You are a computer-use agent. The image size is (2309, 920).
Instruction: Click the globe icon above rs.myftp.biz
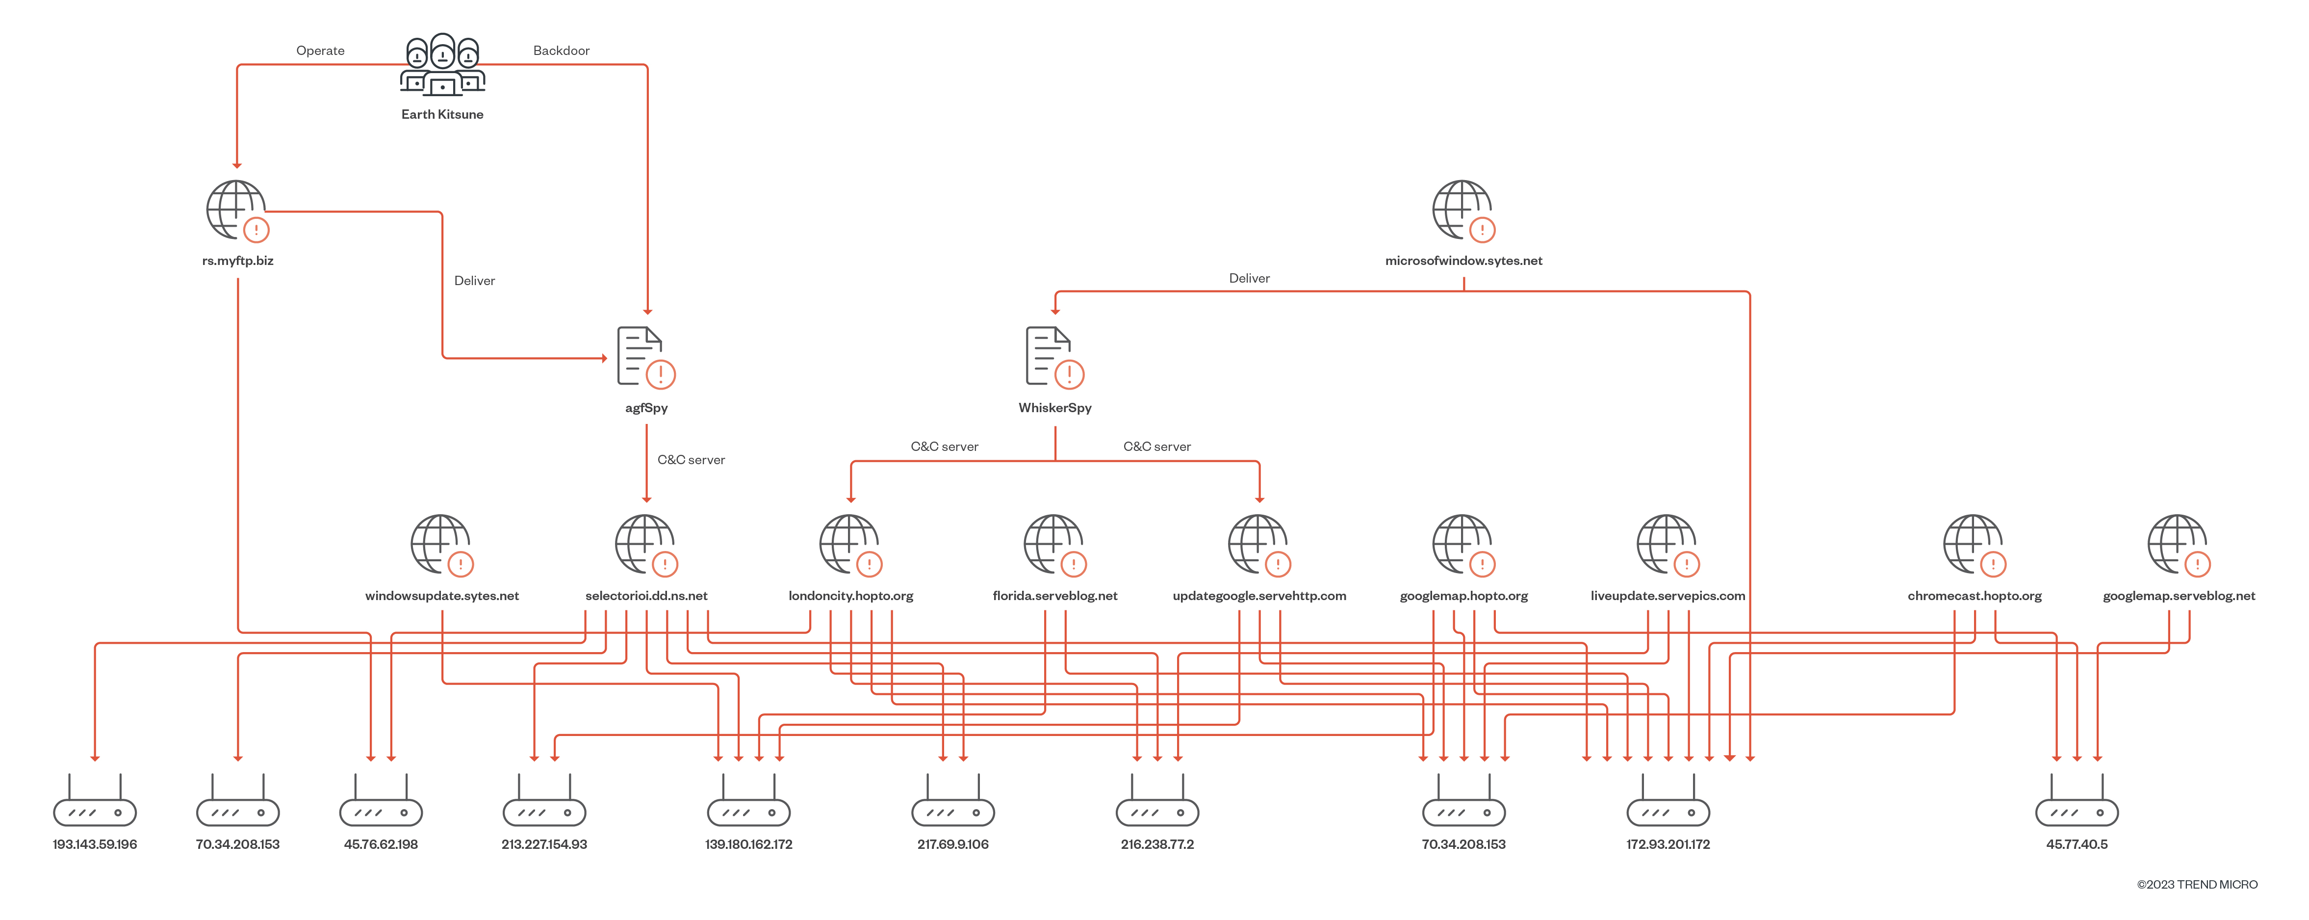click(x=236, y=210)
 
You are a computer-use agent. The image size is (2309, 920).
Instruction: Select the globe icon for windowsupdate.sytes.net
click(x=441, y=544)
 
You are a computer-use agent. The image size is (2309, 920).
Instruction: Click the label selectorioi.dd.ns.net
click(x=646, y=596)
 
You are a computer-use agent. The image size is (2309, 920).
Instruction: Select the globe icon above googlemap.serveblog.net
click(x=2178, y=544)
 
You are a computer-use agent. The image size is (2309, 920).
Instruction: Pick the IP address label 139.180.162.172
click(x=748, y=844)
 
